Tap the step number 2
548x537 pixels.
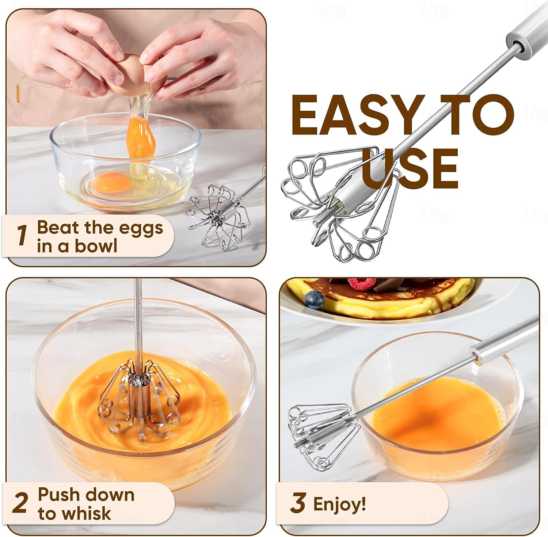tap(20, 503)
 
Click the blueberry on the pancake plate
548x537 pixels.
tap(315, 299)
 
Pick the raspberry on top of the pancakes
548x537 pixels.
tap(361, 283)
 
